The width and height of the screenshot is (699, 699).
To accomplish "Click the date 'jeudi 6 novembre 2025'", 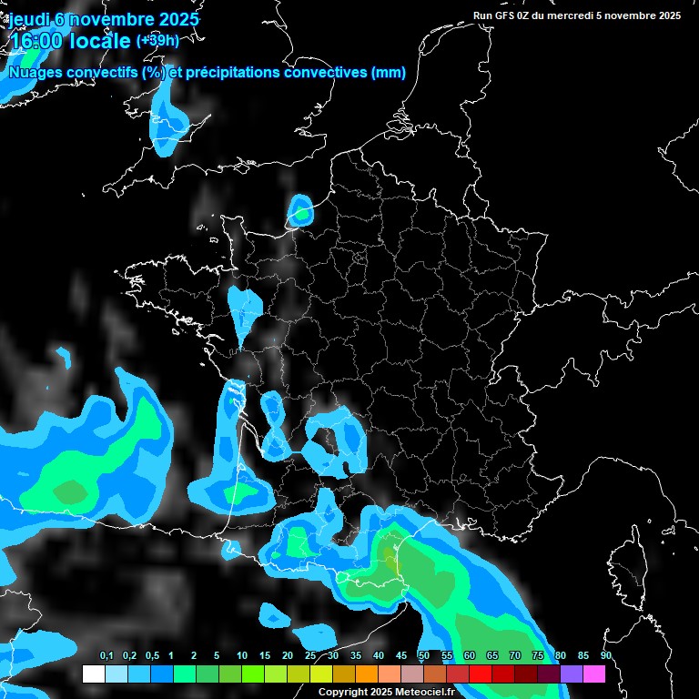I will [105, 19].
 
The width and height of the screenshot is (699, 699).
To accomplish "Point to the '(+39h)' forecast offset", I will [157, 40].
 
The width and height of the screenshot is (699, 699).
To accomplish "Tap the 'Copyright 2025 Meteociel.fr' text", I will [386, 692].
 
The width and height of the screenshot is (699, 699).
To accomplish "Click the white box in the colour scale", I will [93, 674].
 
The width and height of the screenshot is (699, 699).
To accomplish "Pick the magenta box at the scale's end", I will [594, 674].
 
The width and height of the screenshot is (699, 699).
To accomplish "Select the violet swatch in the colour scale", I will [572, 674].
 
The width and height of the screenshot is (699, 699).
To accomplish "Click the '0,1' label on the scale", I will [106, 656].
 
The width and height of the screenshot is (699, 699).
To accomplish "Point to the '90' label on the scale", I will [606, 656].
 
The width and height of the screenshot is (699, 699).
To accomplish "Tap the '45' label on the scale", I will [401, 656].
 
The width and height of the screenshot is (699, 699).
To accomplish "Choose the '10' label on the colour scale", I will [242, 656].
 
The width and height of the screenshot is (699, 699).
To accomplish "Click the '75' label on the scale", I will [538, 656].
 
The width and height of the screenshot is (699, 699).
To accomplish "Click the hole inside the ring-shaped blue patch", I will [325, 441].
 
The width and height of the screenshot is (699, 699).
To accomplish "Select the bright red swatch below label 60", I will [481, 674].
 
